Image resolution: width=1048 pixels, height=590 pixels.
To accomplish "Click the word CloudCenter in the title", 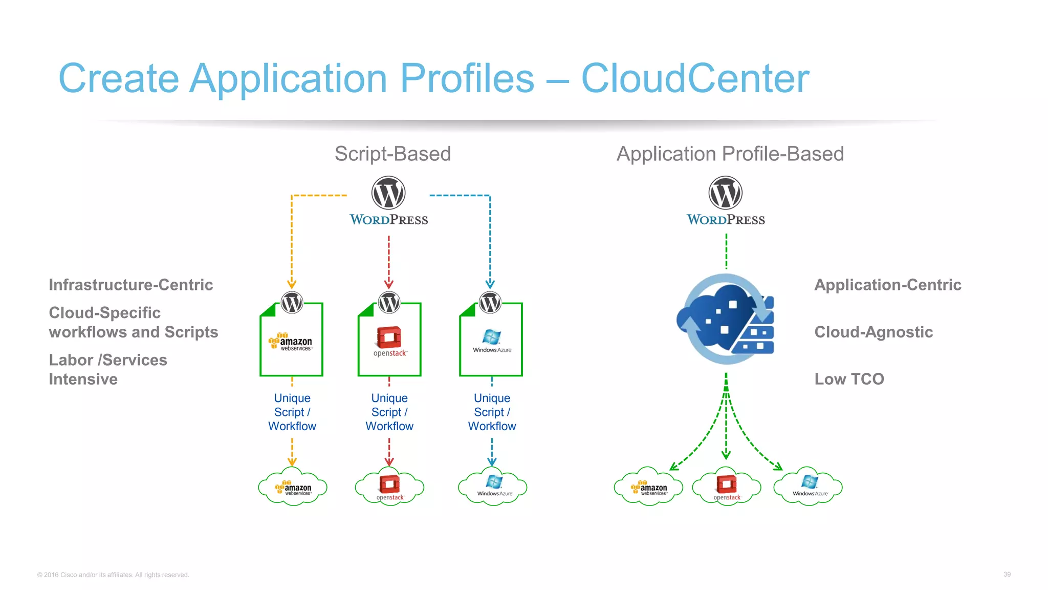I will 695,78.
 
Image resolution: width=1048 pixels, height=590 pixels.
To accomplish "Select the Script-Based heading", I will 392,154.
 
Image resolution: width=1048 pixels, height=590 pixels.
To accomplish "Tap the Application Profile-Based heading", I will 730,154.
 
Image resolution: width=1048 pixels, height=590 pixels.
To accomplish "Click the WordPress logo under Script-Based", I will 388,200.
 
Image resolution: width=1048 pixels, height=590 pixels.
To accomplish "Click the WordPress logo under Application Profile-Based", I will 726,200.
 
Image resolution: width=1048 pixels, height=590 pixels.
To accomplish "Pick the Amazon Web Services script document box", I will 292,340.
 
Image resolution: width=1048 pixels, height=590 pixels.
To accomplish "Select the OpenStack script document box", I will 389,340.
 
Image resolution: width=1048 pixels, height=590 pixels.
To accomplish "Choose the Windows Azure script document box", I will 491,340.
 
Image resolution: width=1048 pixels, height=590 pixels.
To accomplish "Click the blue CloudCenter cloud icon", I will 726,319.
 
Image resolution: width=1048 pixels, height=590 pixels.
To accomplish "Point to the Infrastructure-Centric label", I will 130,285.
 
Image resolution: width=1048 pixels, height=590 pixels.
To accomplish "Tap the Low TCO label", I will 849,379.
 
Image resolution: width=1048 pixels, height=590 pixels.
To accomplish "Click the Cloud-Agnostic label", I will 874,332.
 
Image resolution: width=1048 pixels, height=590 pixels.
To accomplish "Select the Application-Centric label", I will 887,285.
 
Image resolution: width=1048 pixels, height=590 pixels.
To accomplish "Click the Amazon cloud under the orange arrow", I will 292,487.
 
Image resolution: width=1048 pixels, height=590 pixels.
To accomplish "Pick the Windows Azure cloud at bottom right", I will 808,487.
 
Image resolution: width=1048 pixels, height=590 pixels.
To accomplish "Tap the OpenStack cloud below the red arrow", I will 389,487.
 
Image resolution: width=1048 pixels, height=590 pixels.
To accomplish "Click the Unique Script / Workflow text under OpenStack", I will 389,412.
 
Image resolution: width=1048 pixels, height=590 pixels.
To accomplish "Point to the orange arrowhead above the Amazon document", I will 292,284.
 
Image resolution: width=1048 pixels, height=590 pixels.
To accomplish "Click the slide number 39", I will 1007,574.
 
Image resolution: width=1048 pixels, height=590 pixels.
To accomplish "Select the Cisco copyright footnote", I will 113,575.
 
